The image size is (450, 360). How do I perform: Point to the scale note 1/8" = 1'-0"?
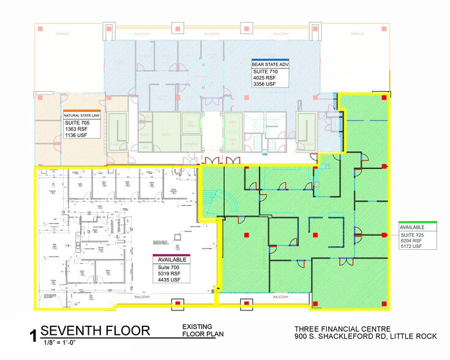60,343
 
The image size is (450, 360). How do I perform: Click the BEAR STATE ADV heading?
270,63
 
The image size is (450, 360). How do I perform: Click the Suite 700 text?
167,268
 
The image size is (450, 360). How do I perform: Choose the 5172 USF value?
414,248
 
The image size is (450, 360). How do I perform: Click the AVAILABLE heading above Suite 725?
413,227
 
